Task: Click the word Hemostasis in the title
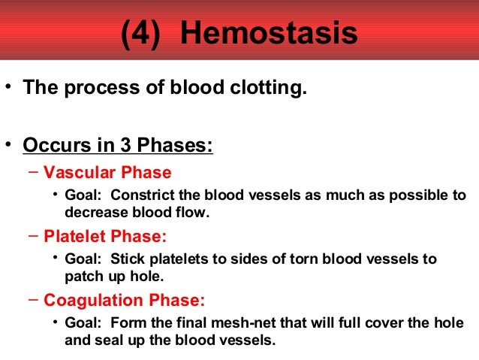(x=269, y=35)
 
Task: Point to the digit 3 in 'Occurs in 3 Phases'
(x=106, y=144)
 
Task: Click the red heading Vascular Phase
(x=107, y=172)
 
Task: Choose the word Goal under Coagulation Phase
(x=83, y=323)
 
